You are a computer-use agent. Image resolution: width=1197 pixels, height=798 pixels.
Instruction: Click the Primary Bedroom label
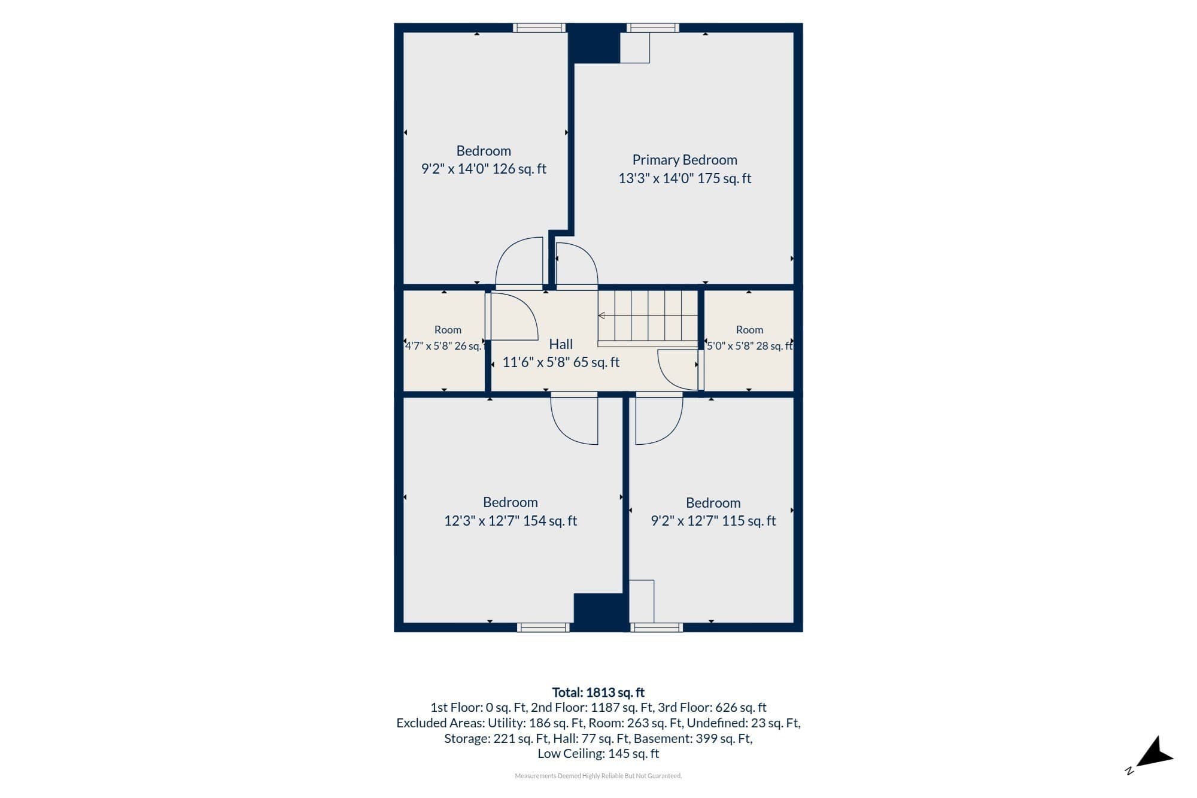685,160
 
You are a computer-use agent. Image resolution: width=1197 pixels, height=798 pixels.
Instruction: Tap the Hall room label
561,344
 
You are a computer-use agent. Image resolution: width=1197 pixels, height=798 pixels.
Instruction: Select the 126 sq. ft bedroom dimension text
484,169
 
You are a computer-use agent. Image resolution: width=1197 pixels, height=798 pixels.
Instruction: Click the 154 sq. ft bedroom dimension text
511,521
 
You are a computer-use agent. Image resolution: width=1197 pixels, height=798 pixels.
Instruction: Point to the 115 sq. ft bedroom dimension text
713,521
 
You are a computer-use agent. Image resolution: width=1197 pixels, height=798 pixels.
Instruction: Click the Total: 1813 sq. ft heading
598,693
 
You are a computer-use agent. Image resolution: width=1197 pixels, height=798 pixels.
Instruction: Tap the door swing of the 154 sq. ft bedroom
574,418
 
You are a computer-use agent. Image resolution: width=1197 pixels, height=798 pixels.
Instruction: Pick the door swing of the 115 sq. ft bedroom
659,418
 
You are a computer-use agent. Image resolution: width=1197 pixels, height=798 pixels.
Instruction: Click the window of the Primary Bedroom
653,28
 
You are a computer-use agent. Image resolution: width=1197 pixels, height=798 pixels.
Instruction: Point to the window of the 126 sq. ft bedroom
539,28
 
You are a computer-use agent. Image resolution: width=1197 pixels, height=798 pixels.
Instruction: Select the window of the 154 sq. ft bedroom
543,627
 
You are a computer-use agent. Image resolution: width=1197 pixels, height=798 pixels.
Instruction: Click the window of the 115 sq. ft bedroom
657,627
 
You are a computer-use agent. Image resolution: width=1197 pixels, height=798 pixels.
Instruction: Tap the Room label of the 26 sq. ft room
448,330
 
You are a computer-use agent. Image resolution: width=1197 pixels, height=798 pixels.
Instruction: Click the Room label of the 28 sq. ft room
749,330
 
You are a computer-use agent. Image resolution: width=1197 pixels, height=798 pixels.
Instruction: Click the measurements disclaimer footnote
598,776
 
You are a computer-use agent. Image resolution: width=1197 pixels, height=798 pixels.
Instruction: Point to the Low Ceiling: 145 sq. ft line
598,754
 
